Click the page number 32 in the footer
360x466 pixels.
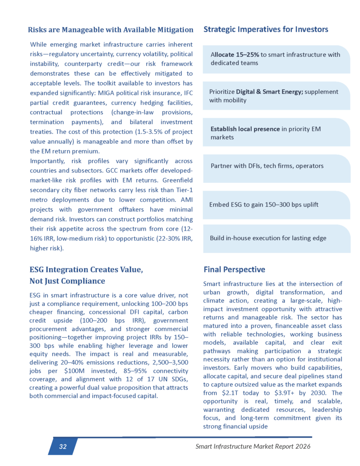[x=63, y=446]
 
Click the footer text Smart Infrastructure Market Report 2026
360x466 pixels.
[x=253, y=446]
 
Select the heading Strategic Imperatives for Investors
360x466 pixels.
[x=266, y=30]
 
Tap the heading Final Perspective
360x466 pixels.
[x=234, y=269]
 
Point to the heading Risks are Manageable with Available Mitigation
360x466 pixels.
[x=111, y=30]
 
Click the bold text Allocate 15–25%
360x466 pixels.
[x=235, y=55]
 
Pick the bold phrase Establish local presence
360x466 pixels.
[x=245, y=129]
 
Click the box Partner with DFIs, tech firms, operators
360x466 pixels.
[x=267, y=166]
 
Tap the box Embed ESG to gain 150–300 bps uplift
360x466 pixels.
[x=264, y=204]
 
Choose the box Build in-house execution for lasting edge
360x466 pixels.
[x=268, y=238]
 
